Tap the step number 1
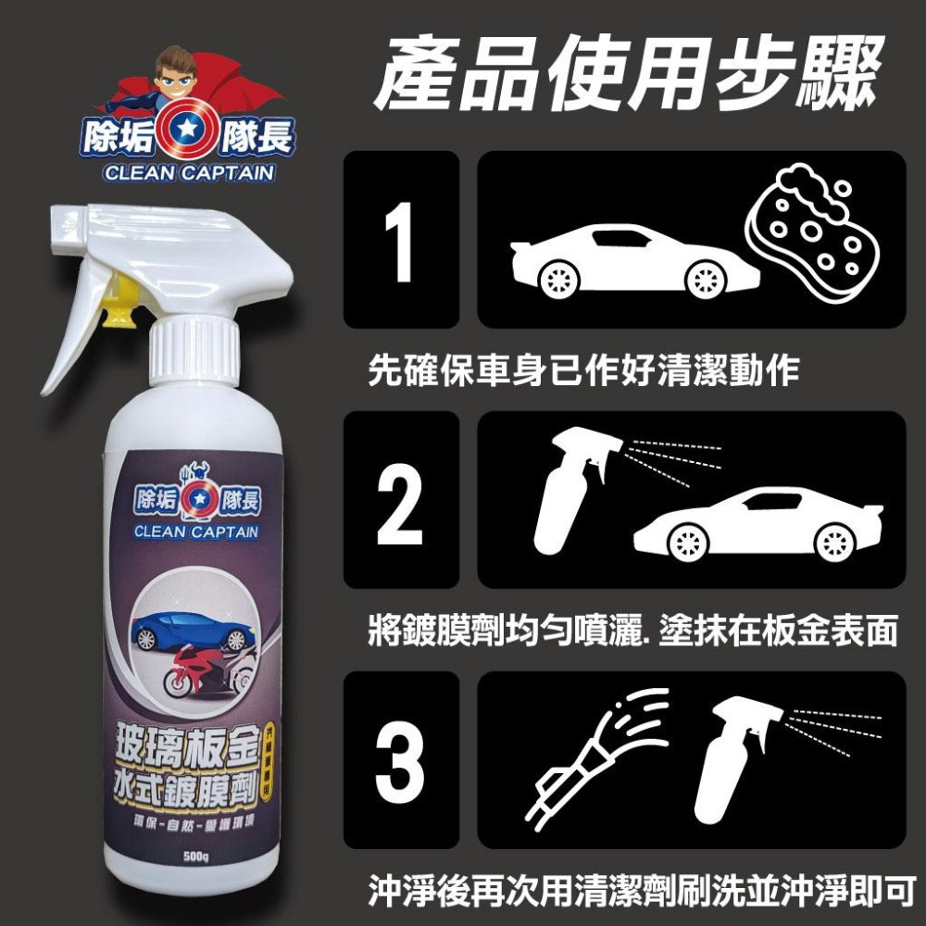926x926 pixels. (x=400, y=239)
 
